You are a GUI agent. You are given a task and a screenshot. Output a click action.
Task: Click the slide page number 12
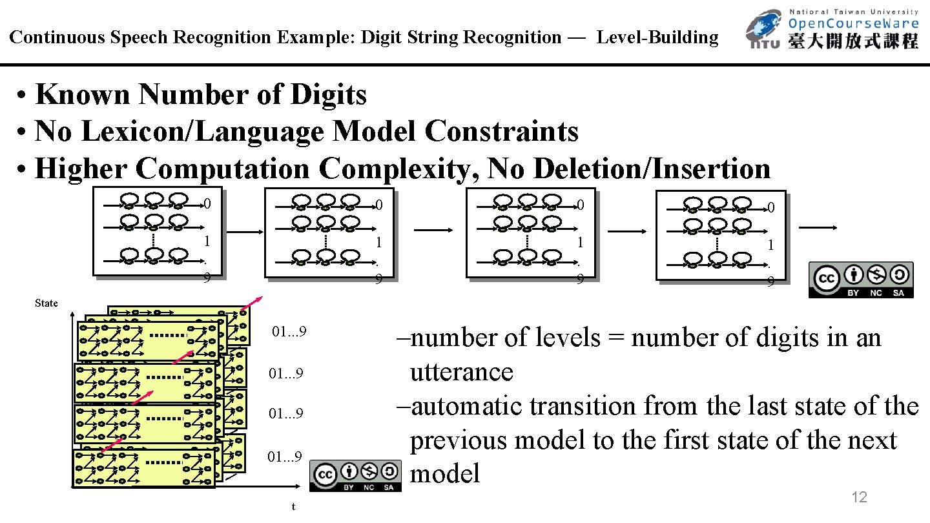click(859, 497)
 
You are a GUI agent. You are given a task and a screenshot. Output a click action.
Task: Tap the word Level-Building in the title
click(657, 37)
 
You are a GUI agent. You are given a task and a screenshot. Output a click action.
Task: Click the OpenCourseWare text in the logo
click(852, 25)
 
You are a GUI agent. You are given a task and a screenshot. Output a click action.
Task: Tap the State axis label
click(46, 303)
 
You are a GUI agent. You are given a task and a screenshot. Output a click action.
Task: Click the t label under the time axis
click(294, 506)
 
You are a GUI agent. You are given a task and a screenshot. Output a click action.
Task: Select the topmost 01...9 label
click(289, 333)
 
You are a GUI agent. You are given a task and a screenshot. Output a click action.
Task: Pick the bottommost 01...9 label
click(285, 458)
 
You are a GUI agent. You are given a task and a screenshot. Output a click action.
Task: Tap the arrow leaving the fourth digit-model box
click(818, 227)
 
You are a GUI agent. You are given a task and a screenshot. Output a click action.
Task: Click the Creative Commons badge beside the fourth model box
click(861, 280)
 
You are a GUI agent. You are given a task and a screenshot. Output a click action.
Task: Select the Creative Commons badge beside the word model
click(356, 477)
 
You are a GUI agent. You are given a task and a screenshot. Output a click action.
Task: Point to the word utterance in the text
click(461, 373)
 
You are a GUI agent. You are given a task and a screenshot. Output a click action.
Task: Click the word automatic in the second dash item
click(466, 407)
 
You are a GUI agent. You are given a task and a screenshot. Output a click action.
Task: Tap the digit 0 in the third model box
click(581, 205)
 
